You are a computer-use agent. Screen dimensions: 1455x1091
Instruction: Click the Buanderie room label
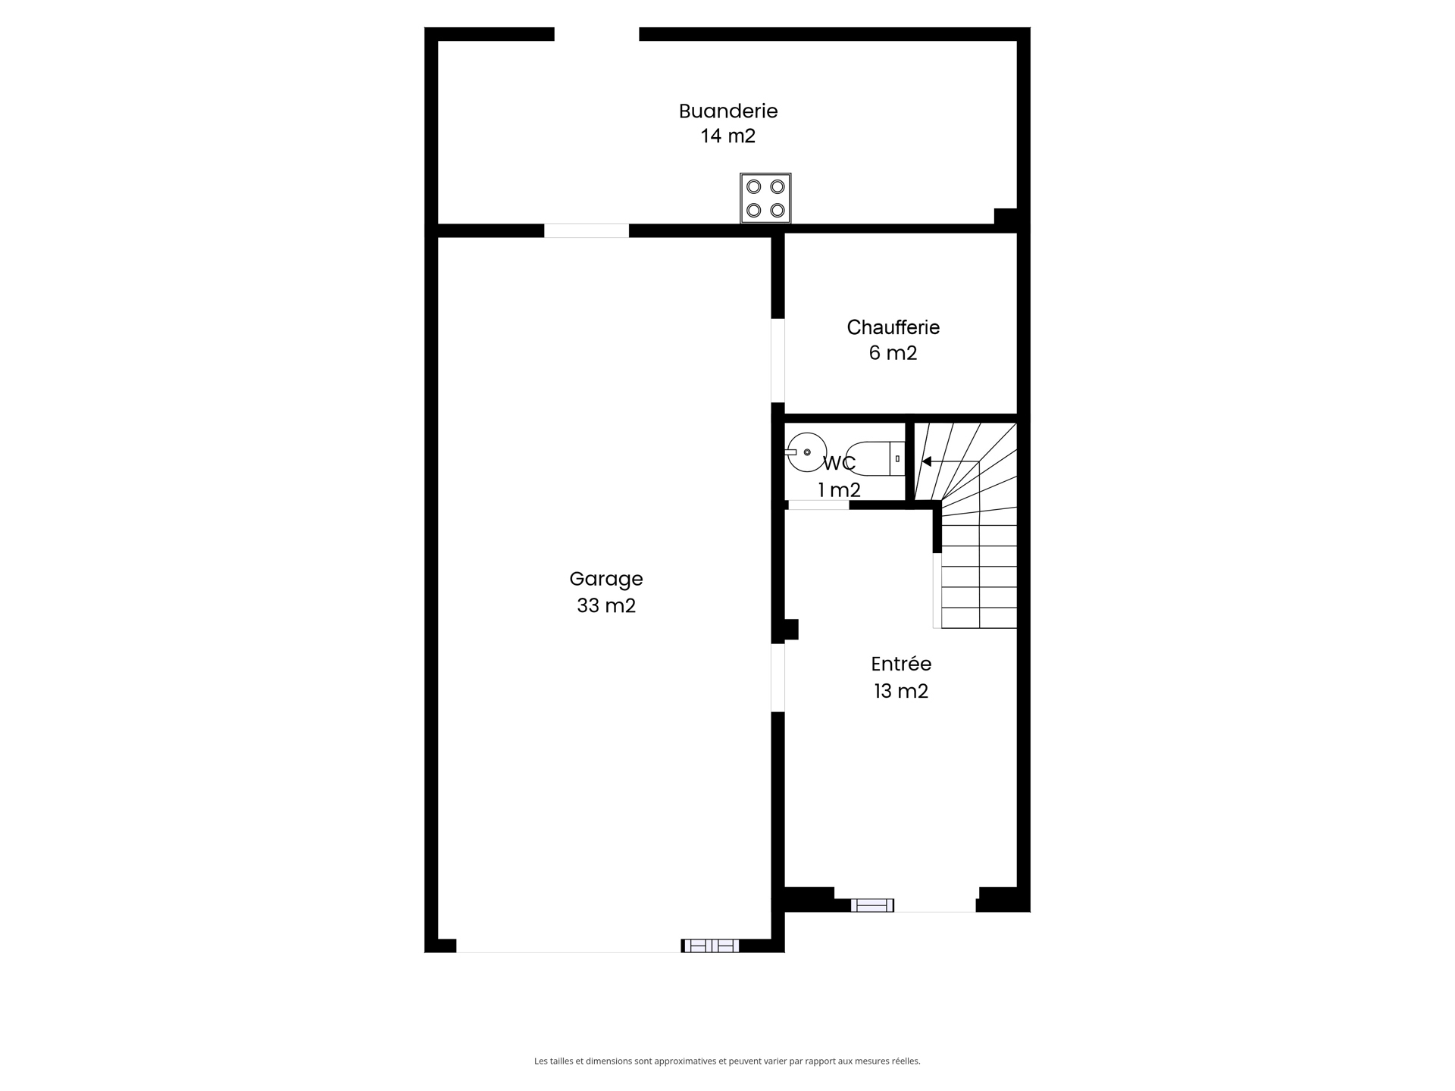click(728, 111)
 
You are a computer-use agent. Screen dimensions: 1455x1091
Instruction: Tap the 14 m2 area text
click(728, 136)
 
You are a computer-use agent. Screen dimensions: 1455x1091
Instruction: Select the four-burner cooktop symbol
click(765, 199)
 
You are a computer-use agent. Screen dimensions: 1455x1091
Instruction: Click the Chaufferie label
click(893, 327)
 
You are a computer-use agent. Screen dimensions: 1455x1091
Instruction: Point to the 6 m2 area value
click(893, 353)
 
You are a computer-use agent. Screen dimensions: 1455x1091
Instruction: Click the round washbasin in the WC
click(806, 452)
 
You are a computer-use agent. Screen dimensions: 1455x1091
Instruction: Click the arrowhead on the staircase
click(926, 461)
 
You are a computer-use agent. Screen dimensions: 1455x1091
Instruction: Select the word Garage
click(606, 579)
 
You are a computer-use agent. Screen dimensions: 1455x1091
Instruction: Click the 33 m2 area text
click(606, 605)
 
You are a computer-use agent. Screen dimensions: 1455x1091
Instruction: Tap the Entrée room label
click(901, 664)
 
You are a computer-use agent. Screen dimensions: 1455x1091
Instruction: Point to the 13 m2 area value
click(901, 691)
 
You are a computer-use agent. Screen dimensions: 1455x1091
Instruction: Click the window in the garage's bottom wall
click(710, 946)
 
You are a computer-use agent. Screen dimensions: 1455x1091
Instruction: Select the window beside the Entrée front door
click(872, 905)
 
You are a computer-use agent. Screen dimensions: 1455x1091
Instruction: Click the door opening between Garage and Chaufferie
click(778, 361)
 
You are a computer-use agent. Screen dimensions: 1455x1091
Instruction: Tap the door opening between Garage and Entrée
click(778, 677)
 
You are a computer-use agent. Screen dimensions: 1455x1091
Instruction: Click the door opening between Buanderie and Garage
click(587, 231)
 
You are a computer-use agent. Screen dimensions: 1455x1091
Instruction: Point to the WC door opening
click(818, 505)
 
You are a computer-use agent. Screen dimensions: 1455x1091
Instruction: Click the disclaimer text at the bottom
click(727, 1061)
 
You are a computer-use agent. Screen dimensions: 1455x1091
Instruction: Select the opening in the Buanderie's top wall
click(597, 34)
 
